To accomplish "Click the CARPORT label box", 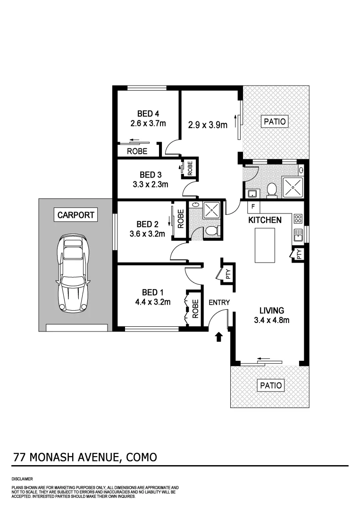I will pyautogui.click(x=75, y=215).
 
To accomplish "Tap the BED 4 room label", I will pyautogui.click(x=148, y=114).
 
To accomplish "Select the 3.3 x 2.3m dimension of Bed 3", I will pyautogui.click(x=150, y=184).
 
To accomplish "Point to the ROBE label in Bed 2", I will pyautogui.click(x=180, y=219).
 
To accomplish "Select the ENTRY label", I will pyautogui.click(x=219, y=302).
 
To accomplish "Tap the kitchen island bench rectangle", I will pyautogui.click(x=265, y=245).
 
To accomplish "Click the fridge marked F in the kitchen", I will pyautogui.click(x=253, y=206).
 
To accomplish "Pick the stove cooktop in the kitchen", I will pyautogui.click(x=298, y=218).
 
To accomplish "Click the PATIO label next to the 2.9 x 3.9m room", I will pyautogui.click(x=275, y=121).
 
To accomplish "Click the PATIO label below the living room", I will pyautogui.click(x=271, y=385).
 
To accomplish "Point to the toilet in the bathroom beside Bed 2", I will pyautogui.click(x=211, y=231).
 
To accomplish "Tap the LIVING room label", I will pyautogui.click(x=271, y=310).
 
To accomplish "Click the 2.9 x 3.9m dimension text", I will pyautogui.click(x=208, y=125).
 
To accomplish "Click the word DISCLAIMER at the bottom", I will pyautogui.click(x=22, y=479).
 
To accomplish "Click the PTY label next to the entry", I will pyautogui.click(x=228, y=274).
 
